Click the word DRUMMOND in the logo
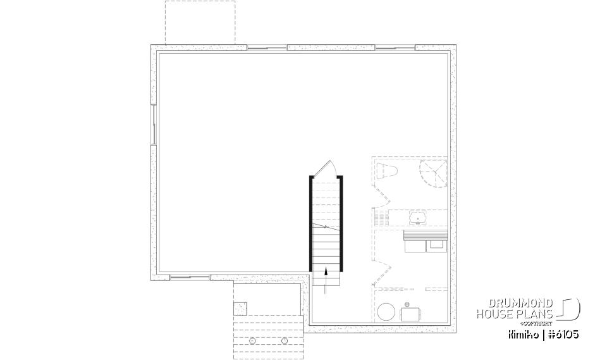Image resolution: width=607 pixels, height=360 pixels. click(x=513, y=304)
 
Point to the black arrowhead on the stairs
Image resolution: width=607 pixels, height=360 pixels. click(x=326, y=272)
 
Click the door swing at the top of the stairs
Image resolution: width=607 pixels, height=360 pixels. click(x=327, y=168)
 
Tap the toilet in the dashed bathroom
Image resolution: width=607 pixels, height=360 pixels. click(x=386, y=171)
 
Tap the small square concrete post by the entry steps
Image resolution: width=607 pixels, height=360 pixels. click(x=240, y=308)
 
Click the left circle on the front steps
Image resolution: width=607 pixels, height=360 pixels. click(x=253, y=340)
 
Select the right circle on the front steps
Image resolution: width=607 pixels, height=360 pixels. click(x=285, y=340)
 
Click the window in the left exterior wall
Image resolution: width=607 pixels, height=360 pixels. click(x=153, y=124)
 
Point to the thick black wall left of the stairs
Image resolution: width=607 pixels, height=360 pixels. click(x=310, y=223)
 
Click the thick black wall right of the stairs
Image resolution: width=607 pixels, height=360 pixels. click(x=342, y=223)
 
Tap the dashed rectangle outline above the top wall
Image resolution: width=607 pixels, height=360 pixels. click(x=200, y=23)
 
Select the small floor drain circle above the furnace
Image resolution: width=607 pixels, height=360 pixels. click(x=407, y=302)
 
